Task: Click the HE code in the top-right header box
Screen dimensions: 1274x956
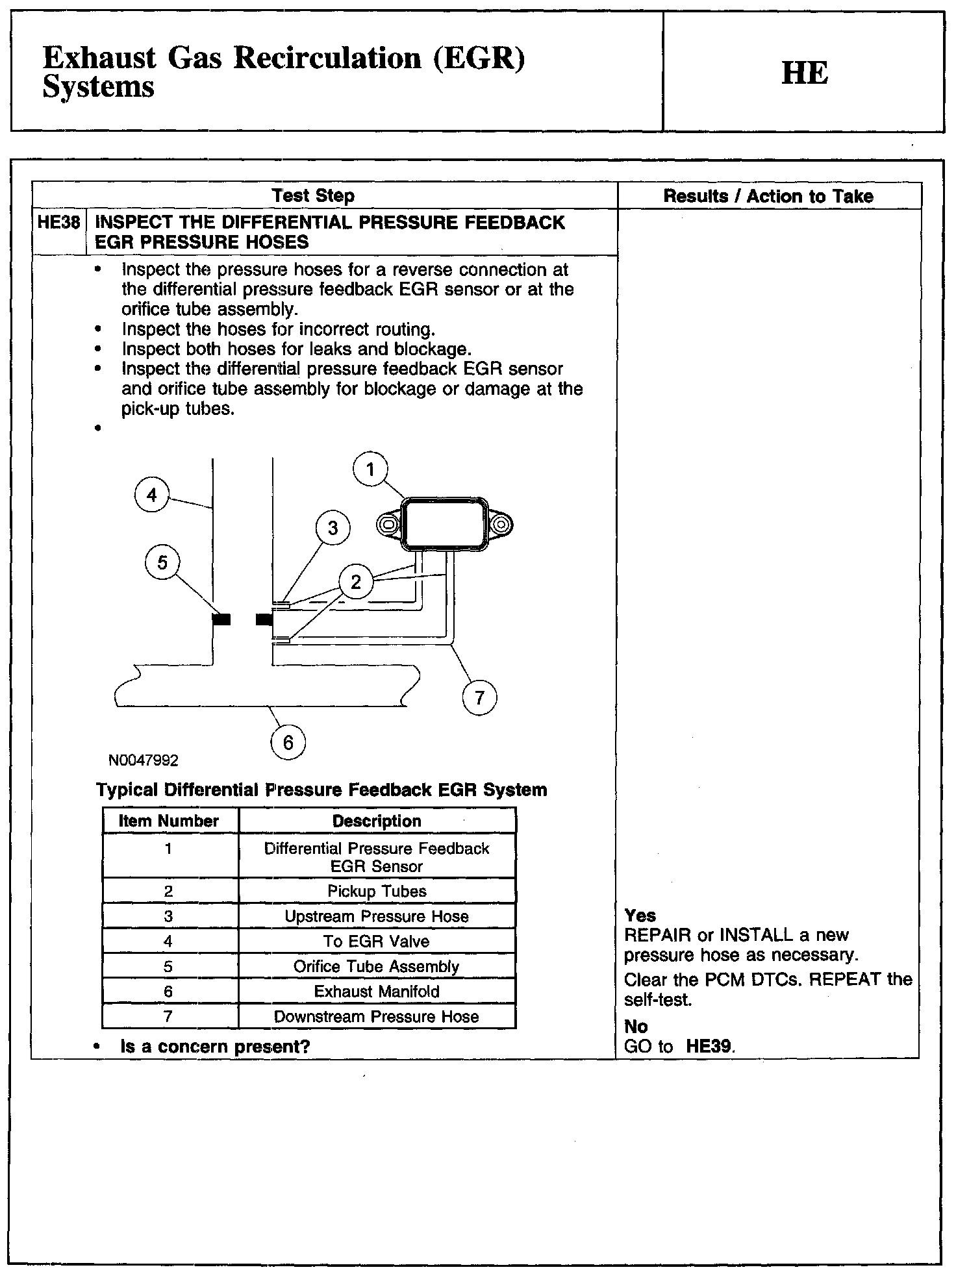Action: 805,73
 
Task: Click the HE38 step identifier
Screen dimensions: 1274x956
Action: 58,223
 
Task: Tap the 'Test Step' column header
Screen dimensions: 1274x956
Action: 313,195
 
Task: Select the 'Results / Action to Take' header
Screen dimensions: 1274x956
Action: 768,196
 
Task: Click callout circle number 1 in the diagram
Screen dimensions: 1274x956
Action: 370,469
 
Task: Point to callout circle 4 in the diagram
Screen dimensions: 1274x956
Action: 152,495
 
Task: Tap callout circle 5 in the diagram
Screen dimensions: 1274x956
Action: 162,562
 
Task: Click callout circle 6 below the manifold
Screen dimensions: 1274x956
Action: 288,742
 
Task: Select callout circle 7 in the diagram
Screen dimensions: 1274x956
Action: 479,698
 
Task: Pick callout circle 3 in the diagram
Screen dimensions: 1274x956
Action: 333,528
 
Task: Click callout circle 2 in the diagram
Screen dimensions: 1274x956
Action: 355,582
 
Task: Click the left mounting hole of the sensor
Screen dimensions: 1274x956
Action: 389,523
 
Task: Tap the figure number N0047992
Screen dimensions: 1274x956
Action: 144,760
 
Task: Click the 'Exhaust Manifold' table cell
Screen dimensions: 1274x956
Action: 377,992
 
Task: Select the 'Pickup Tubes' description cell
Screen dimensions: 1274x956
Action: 377,891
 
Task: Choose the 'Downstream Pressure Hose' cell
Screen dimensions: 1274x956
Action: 377,1017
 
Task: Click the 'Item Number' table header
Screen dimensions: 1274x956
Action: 169,821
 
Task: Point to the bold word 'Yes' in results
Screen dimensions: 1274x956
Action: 640,916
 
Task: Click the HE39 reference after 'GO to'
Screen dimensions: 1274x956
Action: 709,1047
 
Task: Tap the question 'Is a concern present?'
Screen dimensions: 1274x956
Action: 215,1047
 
